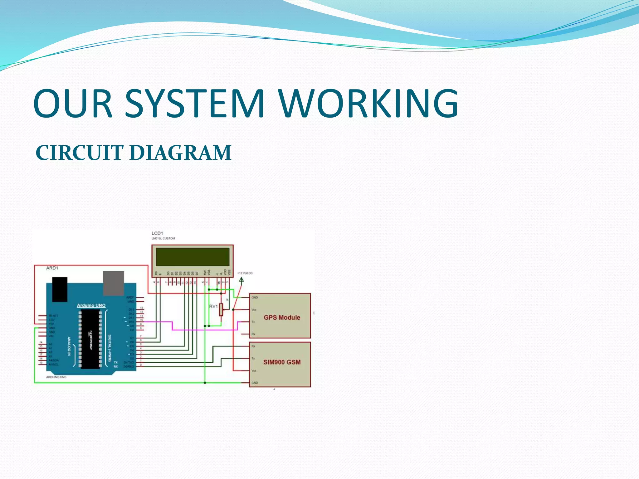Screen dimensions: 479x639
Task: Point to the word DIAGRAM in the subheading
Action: [180, 153]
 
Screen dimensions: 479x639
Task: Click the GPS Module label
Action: [282, 317]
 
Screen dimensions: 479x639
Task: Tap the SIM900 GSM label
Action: [282, 362]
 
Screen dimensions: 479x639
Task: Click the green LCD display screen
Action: [193, 257]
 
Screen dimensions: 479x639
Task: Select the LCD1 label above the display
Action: [157, 233]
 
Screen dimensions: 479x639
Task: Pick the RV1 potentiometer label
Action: [213, 306]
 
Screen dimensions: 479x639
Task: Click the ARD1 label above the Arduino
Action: [52, 268]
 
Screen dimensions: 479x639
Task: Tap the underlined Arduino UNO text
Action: [91, 305]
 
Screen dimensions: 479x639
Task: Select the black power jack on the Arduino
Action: [60, 289]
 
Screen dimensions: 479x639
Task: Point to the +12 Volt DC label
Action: [245, 273]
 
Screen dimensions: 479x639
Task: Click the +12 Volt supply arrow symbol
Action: [241, 279]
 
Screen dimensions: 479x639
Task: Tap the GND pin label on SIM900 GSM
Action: [255, 383]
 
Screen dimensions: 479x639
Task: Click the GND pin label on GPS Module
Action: [255, 298]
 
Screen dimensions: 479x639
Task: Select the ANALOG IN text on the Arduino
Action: [69, 346]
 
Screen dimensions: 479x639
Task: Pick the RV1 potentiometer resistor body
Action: [221, 309]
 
